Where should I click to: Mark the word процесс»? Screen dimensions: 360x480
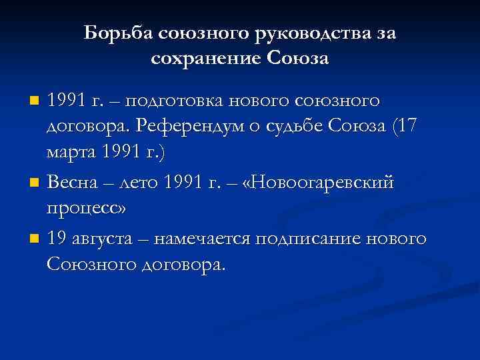87,207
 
